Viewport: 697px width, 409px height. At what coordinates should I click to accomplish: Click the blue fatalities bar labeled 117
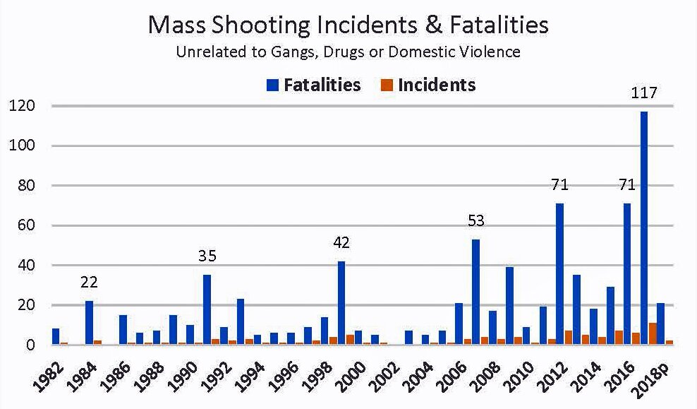643,228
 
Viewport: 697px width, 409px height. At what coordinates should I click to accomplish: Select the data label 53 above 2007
476,220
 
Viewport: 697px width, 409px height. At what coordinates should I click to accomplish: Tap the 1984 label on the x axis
84,377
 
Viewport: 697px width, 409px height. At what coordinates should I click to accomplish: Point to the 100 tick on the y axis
23,146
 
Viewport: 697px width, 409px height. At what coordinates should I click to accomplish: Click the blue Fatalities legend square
272,85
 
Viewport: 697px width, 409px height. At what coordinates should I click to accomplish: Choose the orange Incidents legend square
387,85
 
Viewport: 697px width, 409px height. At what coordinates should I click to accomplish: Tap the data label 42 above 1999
341,242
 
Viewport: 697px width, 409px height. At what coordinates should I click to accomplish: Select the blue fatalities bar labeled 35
207,310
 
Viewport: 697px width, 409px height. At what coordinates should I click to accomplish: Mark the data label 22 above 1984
89,282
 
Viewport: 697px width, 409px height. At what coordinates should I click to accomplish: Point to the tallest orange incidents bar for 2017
653,334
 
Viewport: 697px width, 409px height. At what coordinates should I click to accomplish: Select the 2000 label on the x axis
354,377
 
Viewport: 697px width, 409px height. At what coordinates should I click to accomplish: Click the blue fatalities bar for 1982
56,336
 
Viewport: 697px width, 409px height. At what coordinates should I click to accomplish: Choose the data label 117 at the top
644,93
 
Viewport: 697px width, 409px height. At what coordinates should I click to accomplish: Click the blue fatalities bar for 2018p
660,324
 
